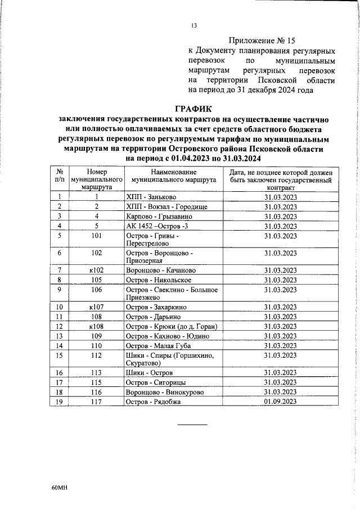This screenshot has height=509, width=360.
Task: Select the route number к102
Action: click(x=97, y=270)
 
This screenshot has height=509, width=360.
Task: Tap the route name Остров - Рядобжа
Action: click(x=155, y=417)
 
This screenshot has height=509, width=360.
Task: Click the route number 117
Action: click(x=97, y=417)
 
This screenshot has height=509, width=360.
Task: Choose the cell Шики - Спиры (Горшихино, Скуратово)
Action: click(x=166, y=360)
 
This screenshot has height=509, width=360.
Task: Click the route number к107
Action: click(x=97, y=307)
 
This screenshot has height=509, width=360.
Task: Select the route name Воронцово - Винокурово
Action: click(x=165, y=407)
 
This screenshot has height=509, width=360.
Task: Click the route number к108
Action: click(x=97, y=326)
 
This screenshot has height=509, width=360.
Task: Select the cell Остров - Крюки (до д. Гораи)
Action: click(x=172, y=326)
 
